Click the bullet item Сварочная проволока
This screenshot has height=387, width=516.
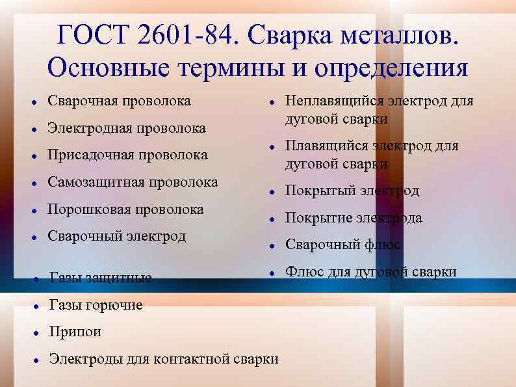coord(120,101)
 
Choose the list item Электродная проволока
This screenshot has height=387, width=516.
coord(127,128)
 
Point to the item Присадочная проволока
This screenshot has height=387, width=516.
coord(128,155)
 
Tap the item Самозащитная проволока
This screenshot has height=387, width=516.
coord(133,182)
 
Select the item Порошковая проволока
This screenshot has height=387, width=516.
coord(126,209)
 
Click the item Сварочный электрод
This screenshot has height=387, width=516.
coord(117,235)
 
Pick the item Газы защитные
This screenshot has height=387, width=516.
coord(101,278)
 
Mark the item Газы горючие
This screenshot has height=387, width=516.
coord(96,305)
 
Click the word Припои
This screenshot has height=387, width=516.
coord(75,332)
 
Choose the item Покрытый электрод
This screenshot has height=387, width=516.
coord(352,191)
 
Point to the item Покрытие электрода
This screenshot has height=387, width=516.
coord(354,218)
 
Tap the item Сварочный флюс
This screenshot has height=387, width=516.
coord(342,245)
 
